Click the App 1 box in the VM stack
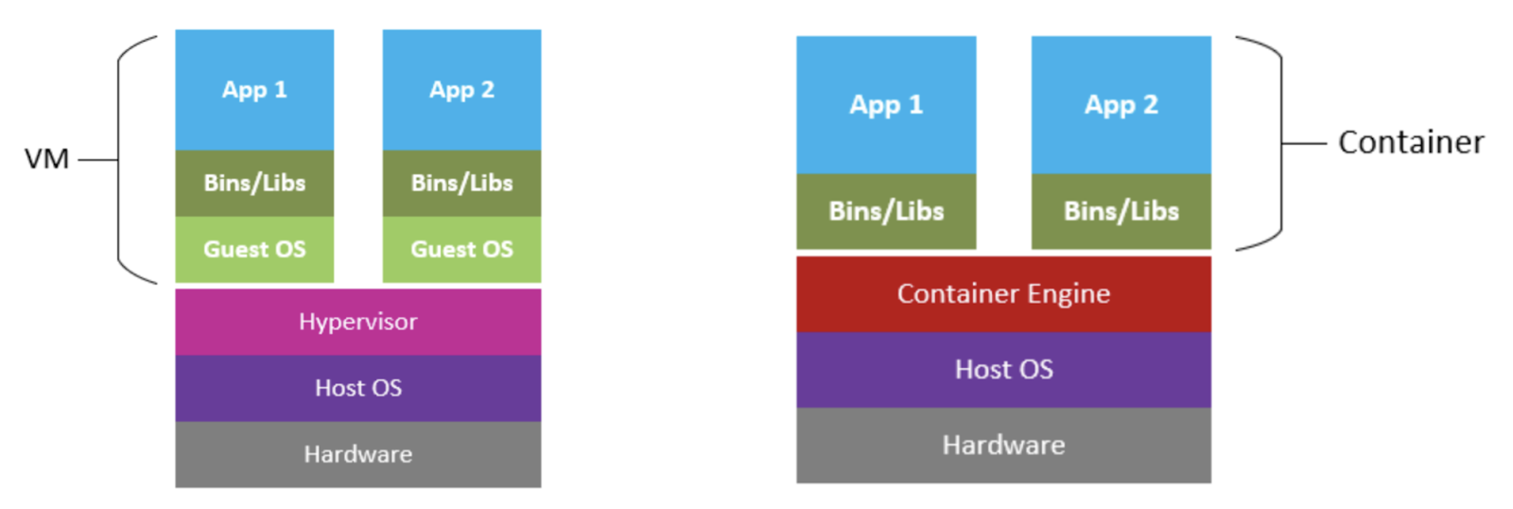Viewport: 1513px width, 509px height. (x=254, y=90)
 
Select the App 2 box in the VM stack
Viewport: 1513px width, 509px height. (x=461, y=90)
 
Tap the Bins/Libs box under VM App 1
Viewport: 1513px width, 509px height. (x=254, y=183)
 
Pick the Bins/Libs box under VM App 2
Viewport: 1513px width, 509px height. (x=461, y=183)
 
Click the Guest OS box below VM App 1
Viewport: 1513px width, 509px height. (x=254, y=249)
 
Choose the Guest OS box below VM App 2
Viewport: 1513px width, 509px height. (x=461, y=249)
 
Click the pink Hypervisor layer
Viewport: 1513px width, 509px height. (x=357, y=322)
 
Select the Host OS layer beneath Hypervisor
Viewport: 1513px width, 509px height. (x=357, y=388)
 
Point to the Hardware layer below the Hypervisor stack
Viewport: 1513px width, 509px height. (x=357, y=454)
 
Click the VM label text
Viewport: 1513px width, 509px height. (x=46, y=159)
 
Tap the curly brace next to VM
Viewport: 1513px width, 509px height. (x=120, y=159)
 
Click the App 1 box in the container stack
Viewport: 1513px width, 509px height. (x=886, y=104)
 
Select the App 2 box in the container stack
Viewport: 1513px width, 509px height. (x=1121, y=104)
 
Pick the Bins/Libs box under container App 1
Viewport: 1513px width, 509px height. (x=886, y=211)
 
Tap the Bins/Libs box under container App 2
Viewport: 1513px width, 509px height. (x=1121, y=211)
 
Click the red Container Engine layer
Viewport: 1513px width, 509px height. (x=1003, y=293)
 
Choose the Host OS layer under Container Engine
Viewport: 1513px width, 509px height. (x=1003, y=369)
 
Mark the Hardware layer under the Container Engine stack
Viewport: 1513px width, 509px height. (x=1003, y=445)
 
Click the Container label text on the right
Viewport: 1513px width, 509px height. (x=1410, y=142)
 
